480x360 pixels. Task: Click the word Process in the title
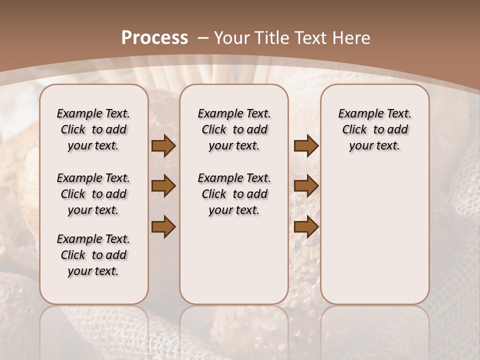pyautogui.click(x=154, y=37)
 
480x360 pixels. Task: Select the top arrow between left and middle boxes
pyautogui.click(x=163, y=146)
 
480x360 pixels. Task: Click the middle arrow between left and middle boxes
pyautogui.click(x=163, y=186)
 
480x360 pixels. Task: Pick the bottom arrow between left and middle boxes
pyautogui.click(x=163, y=227)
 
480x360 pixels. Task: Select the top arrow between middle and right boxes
pyautogui.click(x=306, y=146)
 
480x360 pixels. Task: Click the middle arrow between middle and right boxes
pyautogui.click(x=306, y=186)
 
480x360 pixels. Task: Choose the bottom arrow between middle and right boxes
pyautogui.click(x=306, y=227)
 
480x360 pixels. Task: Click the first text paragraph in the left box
pyautogui.click(x=93, y=129)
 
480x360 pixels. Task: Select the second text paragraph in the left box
pyautogui.click(x=93, y=194)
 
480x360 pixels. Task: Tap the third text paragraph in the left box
pyautogui.click(x=93, y=255)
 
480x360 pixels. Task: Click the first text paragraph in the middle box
pyautogui.click(x=234, y=129)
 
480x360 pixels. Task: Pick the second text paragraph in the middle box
pyautogui.click(x=234, y=194)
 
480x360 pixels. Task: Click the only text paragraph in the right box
pyautogui.click(x=374, y=129)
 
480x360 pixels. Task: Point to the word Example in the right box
pyautogui.click(x=356, y=114)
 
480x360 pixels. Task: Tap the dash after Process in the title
pyautogui.click(x=203, y=38)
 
